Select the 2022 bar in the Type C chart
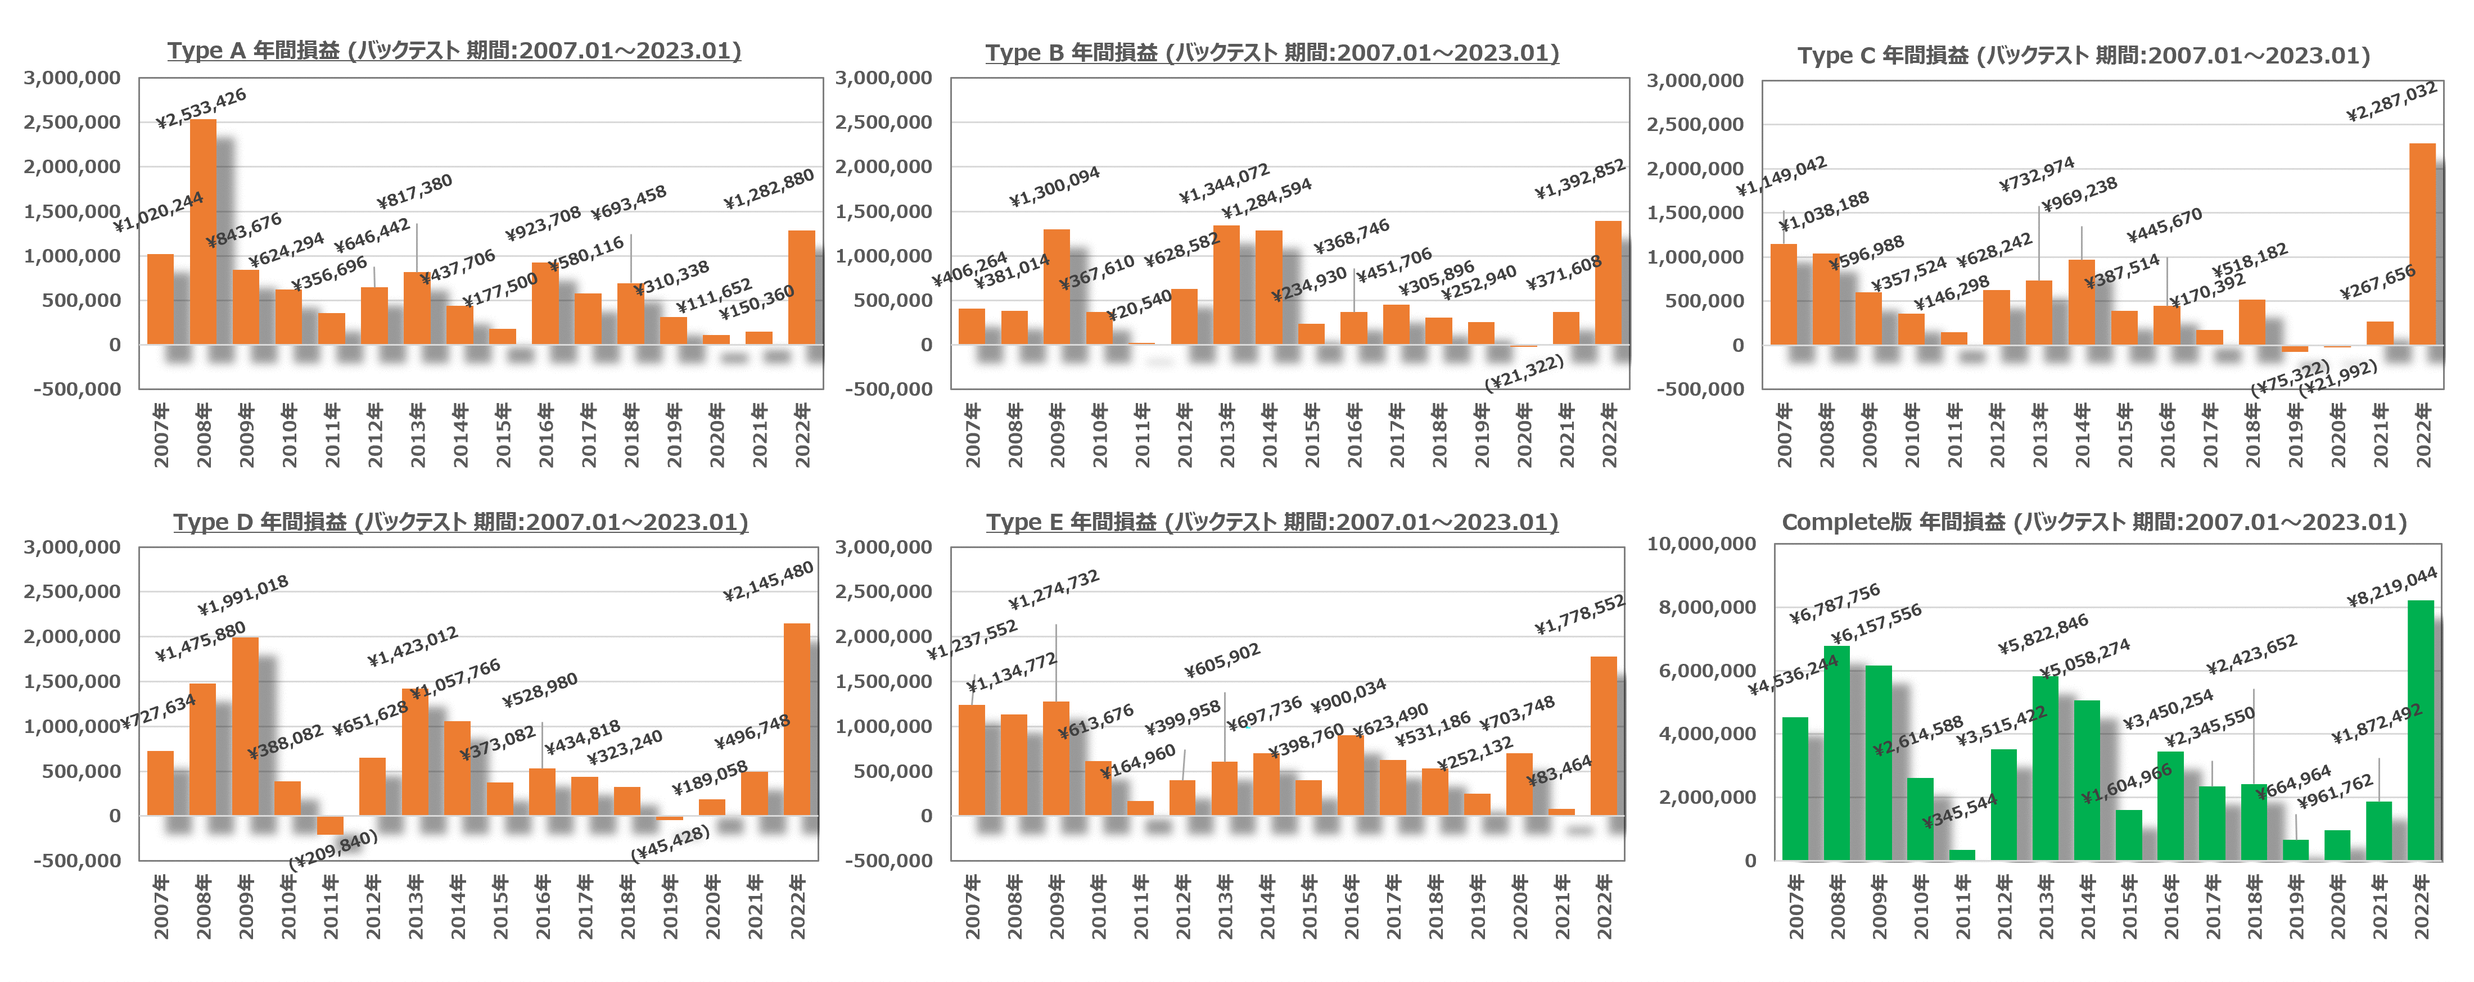2422,244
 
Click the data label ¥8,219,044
2391,586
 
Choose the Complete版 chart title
2094,522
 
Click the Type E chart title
1271,522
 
